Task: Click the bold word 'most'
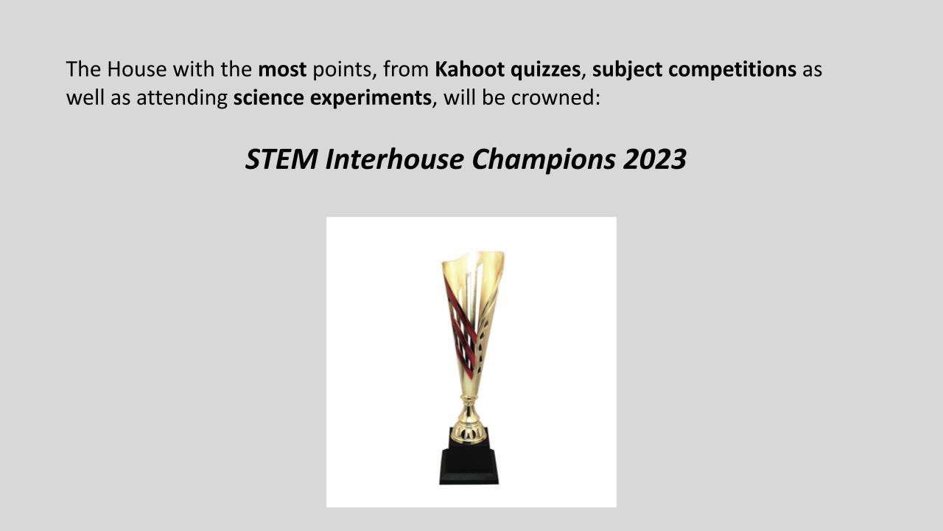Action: click(282, 69)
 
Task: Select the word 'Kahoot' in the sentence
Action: click(469, 69)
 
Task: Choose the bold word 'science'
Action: click(269, 98)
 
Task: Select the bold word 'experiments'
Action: click(371, 99)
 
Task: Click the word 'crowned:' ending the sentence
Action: click(555, 98)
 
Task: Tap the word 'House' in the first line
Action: click(137, 69)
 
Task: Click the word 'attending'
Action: click(182, 99)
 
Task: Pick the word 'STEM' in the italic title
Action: click(281, 159)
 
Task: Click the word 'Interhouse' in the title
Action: click(394, 159)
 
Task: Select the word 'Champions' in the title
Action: click(544, 160)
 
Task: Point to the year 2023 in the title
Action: click(655, 159)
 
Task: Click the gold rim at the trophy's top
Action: click(473, 255)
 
